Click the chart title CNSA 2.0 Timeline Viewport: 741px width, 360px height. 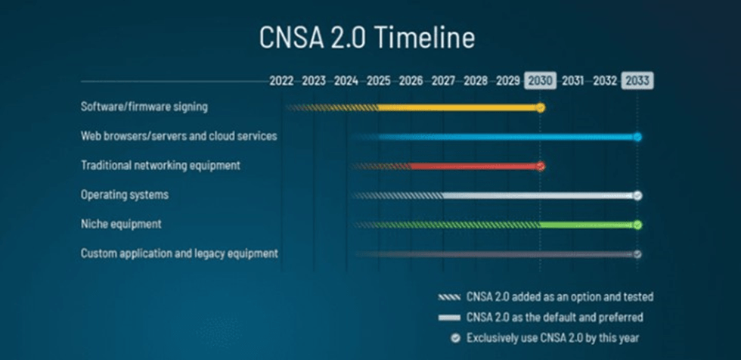click(x=367, y=38)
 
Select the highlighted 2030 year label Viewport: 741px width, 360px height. click(x=540, y=81)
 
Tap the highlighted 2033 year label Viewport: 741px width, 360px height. click(x=637, y=81)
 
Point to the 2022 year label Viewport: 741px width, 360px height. click(x=281, y=81)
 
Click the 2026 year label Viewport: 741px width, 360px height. click(x=411, y=81)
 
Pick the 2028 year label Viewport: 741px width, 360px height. click(x=476, y=81)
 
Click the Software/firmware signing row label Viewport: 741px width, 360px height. click(x=144, y=107)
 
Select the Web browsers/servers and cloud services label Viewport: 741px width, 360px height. click(x=178, y=136)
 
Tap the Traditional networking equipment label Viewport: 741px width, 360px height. click(x=160, y=166)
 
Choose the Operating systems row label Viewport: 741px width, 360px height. click(x=124, y=194)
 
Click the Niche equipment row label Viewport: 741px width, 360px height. click(x=121, y=224)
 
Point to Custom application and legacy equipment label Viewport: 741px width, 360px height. click(x=179, y=253)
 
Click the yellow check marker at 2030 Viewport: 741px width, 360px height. click(x=541, y=107)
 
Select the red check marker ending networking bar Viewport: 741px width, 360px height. click(x=541, y=166)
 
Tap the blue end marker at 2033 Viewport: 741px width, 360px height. click(x=637, y=137)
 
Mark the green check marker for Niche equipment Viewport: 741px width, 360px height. click(x=637, y=225)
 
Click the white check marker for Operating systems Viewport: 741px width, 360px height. click(x=637, y=196)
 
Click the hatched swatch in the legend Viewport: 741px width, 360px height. click(x=449, y=297)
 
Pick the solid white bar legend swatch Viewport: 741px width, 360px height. click(x=449, y=318)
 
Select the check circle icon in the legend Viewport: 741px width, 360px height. click(x=455, y=338)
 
